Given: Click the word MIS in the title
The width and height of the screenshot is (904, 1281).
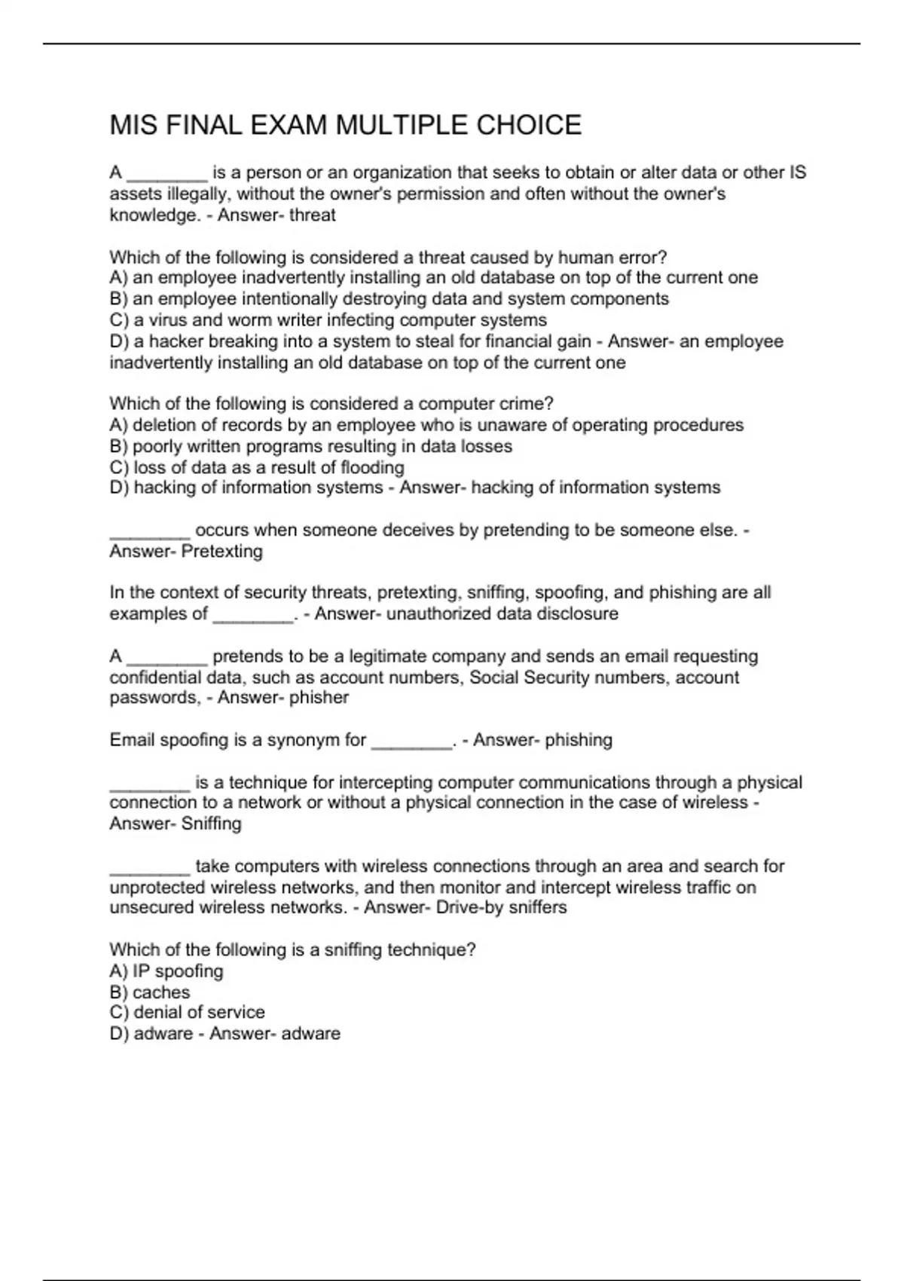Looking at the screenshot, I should [x=133, y=125].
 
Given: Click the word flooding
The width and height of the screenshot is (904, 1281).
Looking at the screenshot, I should [x=372, y=468].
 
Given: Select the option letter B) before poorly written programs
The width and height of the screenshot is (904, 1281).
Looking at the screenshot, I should [x=119, y=447].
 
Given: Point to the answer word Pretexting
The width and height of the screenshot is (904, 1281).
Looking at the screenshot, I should [x=222, y=552].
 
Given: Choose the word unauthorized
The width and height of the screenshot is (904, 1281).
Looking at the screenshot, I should [x=436, y=614].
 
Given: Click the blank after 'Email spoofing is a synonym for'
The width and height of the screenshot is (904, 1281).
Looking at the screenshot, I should [x=412, y=741].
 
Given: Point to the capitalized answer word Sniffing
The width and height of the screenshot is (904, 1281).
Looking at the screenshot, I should [x=212, y=824].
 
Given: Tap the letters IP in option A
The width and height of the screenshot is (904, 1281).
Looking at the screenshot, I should [x=141, y=971].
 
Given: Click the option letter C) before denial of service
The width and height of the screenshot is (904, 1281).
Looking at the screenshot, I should [x=119, y=1013].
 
